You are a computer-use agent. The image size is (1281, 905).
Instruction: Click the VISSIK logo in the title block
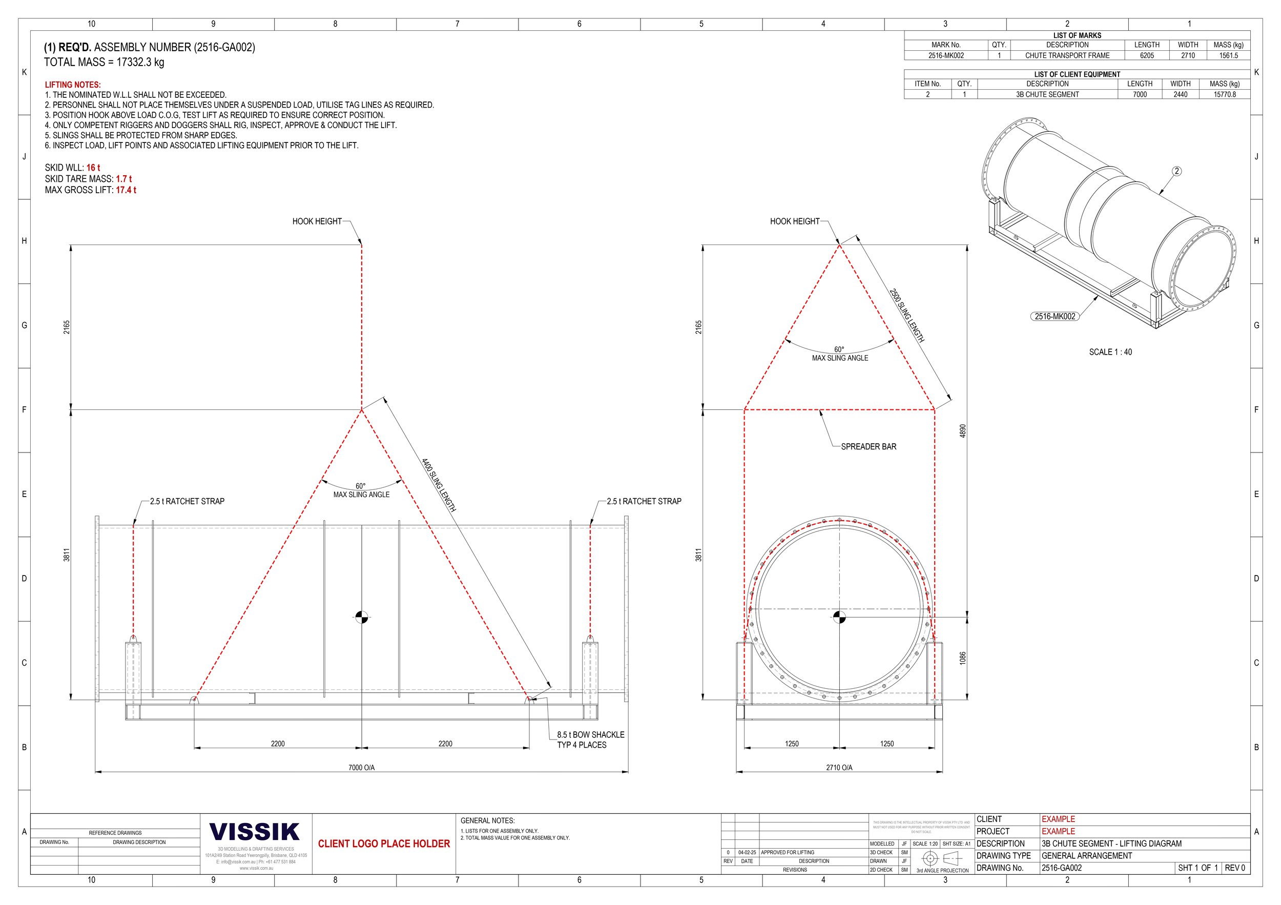(x=255, y=831)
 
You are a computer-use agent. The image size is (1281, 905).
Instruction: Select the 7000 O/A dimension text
(x=362, y=768)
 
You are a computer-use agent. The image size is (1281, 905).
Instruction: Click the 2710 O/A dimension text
(x=839, y=768)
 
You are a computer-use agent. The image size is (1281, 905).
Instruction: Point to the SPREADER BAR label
(x=868, y=447)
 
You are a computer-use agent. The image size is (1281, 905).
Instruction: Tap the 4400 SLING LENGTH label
(x=439, y=485)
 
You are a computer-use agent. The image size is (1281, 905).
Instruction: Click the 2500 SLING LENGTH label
(x=906, y=315)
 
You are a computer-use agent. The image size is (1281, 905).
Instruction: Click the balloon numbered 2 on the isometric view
(x=1176, y=171)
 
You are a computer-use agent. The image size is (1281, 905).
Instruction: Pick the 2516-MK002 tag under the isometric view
(x=1055, y=316)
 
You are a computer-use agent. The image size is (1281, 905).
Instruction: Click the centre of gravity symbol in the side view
(x=362, y=617)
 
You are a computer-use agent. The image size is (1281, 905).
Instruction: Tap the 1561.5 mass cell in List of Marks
(x=1228, y=56)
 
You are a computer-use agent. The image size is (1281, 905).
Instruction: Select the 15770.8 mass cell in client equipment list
(x=1224, y=95)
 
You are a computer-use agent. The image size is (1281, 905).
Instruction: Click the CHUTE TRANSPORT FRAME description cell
(x=1067, y=56)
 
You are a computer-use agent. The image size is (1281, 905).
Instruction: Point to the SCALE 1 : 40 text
(x=1110, y=352)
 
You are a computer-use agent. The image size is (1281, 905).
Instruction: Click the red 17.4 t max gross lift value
(x=126, y=190)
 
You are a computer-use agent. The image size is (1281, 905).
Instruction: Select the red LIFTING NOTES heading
(x=73, y=85)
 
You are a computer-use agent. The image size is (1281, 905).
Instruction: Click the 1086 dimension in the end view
(x=962, y=659)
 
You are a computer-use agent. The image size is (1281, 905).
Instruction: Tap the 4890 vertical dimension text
(x=962, y=431)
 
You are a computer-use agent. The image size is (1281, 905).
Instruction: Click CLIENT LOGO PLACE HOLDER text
(x=384, y=844)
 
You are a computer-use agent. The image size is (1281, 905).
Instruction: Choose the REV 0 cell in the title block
(x=1235, y=868)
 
